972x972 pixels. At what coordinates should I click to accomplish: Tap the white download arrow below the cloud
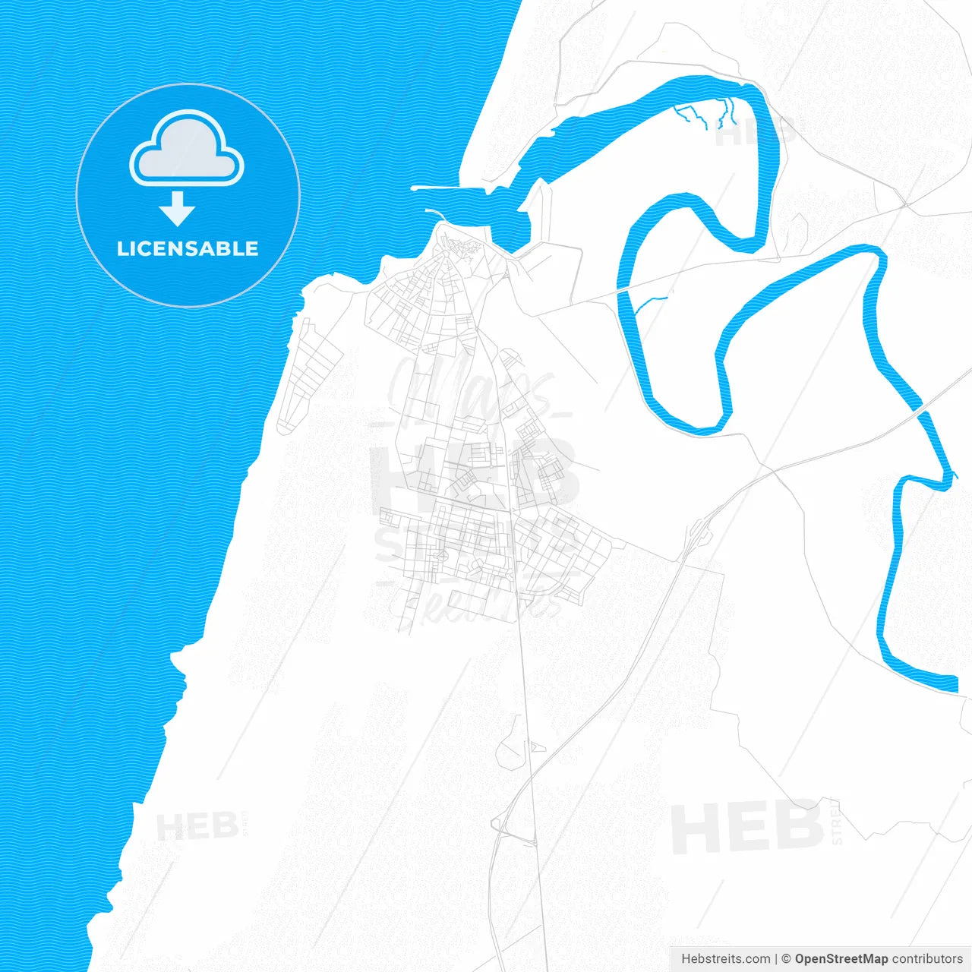(x=178, y=209)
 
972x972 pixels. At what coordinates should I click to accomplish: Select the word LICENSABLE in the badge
(x=188, y=248)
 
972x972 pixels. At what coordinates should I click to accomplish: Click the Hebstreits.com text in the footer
(x=725, y=959)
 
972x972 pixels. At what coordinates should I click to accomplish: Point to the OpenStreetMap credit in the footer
(x=841, y=959)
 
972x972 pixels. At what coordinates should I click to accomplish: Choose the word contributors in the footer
(x=926, y=959)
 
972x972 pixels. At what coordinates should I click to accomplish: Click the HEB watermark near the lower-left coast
(x=197, y=826)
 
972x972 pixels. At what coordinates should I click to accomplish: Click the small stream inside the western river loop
(x=650, y=303)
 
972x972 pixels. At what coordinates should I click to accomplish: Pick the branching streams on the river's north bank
(x=706, y=114)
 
